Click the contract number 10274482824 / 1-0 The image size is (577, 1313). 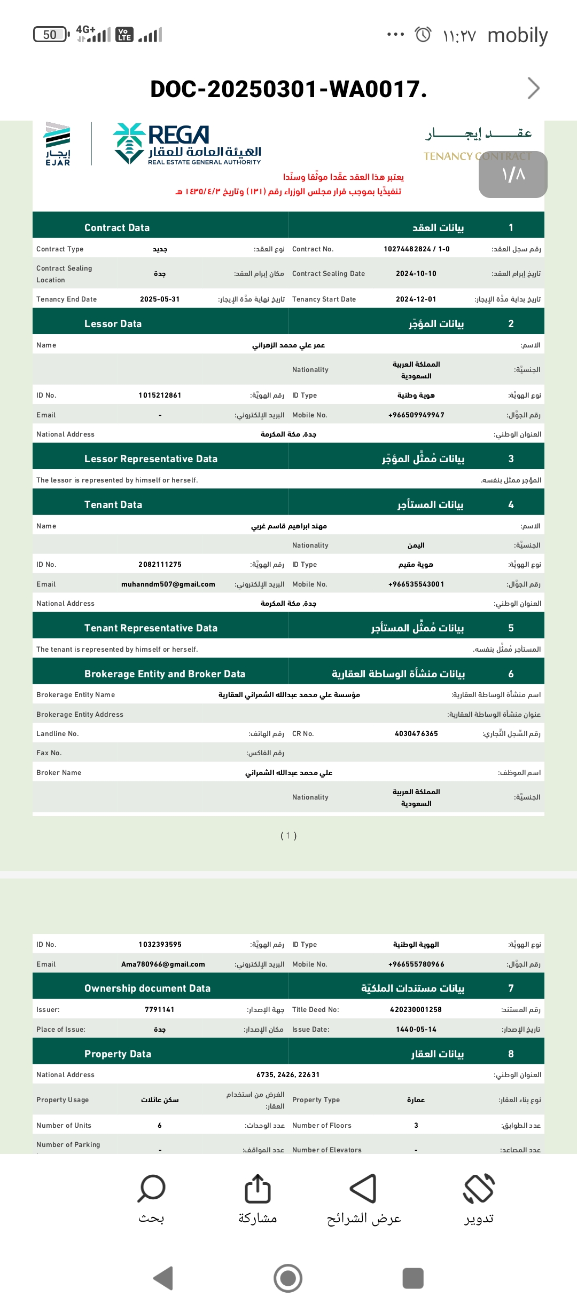417,249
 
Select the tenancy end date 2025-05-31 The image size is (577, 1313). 160,299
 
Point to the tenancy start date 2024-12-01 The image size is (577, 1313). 416,299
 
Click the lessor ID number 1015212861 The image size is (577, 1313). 160,396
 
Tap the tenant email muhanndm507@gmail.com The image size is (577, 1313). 168,584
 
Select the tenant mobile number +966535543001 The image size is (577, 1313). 416,584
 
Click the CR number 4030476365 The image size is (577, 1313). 416,734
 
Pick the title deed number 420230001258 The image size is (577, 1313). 416,1010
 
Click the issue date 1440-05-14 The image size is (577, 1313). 416,1030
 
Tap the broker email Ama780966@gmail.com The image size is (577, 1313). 163,964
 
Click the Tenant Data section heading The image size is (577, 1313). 113,505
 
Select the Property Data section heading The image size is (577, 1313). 118,1054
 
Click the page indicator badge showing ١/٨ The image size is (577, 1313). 513,175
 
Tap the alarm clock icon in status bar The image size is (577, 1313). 423,35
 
